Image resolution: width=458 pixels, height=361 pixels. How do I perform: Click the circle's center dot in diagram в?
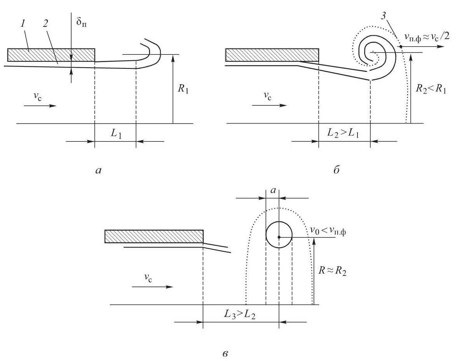pos(279,237)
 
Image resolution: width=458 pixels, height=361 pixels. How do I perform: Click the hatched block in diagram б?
pos(272,55)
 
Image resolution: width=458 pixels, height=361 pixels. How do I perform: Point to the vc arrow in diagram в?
pos(152,287)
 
